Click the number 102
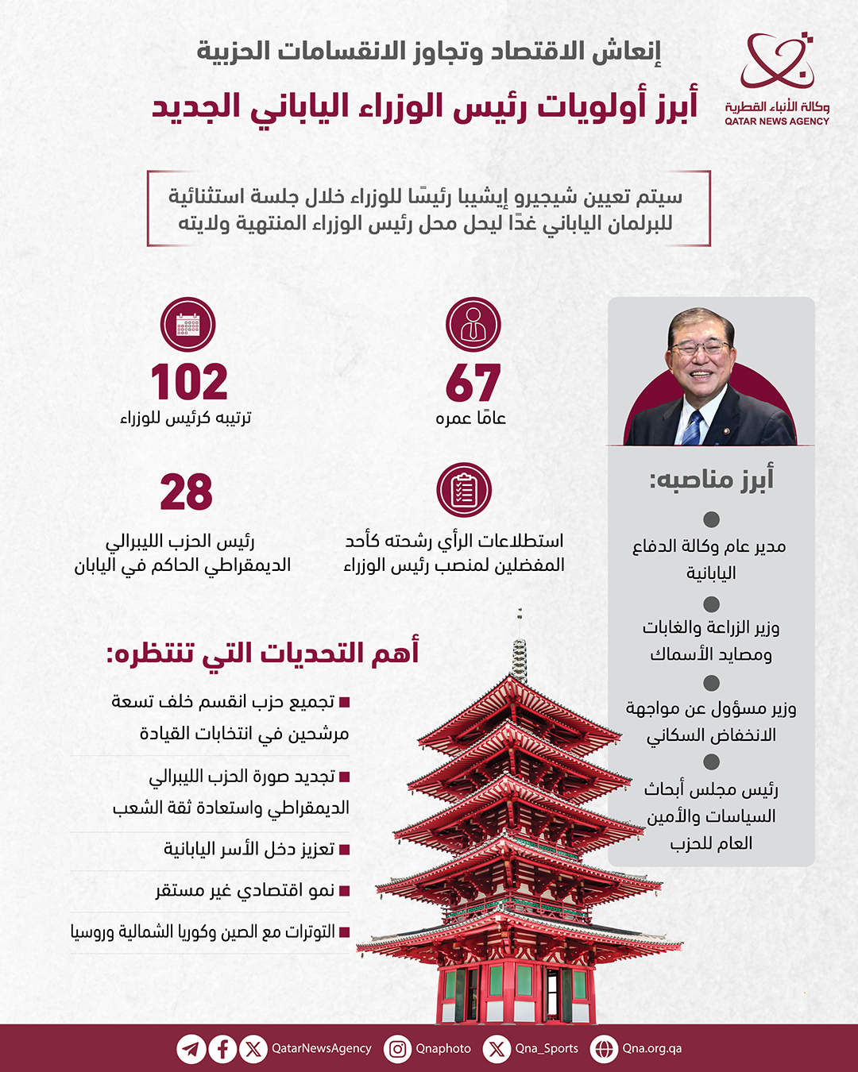[x=189, y=383]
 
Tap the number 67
[x=473, y=384]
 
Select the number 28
[x=187, y=492]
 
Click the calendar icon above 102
[x=188, y=325]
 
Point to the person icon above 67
[x=473, y=325]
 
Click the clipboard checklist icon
[x=464, y=490]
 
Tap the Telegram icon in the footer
[x=191, y=1049]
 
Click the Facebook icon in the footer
[x=222, y=1049]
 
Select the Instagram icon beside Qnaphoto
[x=397, y=1049]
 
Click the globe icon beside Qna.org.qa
[x=604, y=1049]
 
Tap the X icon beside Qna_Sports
[x=497, y=1049]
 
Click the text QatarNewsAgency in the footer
[x=321, y=1048]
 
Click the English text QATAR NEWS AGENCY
[x=776, y=121]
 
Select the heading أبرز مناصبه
[x=711, y=479]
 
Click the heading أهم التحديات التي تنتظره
[x=262, y=653]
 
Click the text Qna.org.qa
[x=651, y=1048]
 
